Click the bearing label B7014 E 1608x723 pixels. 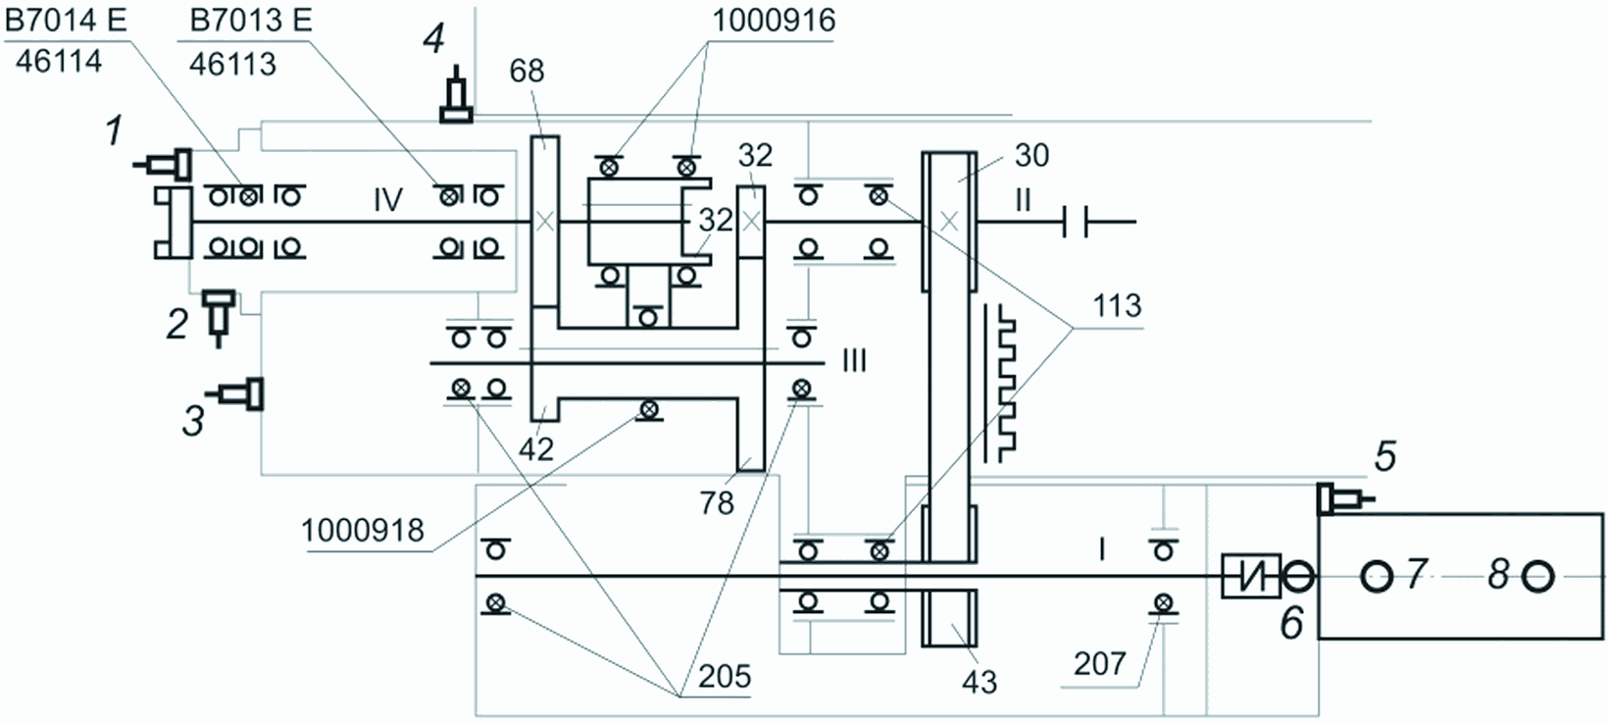66,20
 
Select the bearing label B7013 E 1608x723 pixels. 251,20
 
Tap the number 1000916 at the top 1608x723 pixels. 774,21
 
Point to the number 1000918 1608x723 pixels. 363,531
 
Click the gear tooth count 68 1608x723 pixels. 527,71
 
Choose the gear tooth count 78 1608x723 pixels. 717,502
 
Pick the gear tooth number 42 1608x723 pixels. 536,448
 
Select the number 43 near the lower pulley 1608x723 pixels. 980,682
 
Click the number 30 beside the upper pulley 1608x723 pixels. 1032,155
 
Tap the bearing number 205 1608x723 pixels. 725,676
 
